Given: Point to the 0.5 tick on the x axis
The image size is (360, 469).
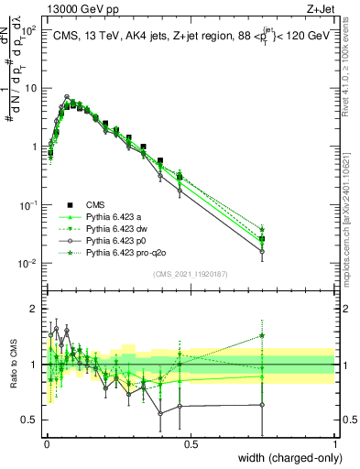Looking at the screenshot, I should coord(191,447).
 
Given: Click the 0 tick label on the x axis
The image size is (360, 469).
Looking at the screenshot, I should coord(47,447).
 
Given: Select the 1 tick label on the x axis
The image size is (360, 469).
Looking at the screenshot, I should coord(334,447).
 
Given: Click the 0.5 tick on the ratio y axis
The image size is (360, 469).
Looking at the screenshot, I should coord(32,420).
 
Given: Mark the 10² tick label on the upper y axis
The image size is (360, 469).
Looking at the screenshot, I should coord(30,30).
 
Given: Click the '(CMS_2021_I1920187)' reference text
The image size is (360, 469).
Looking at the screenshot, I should coord(191,274).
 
